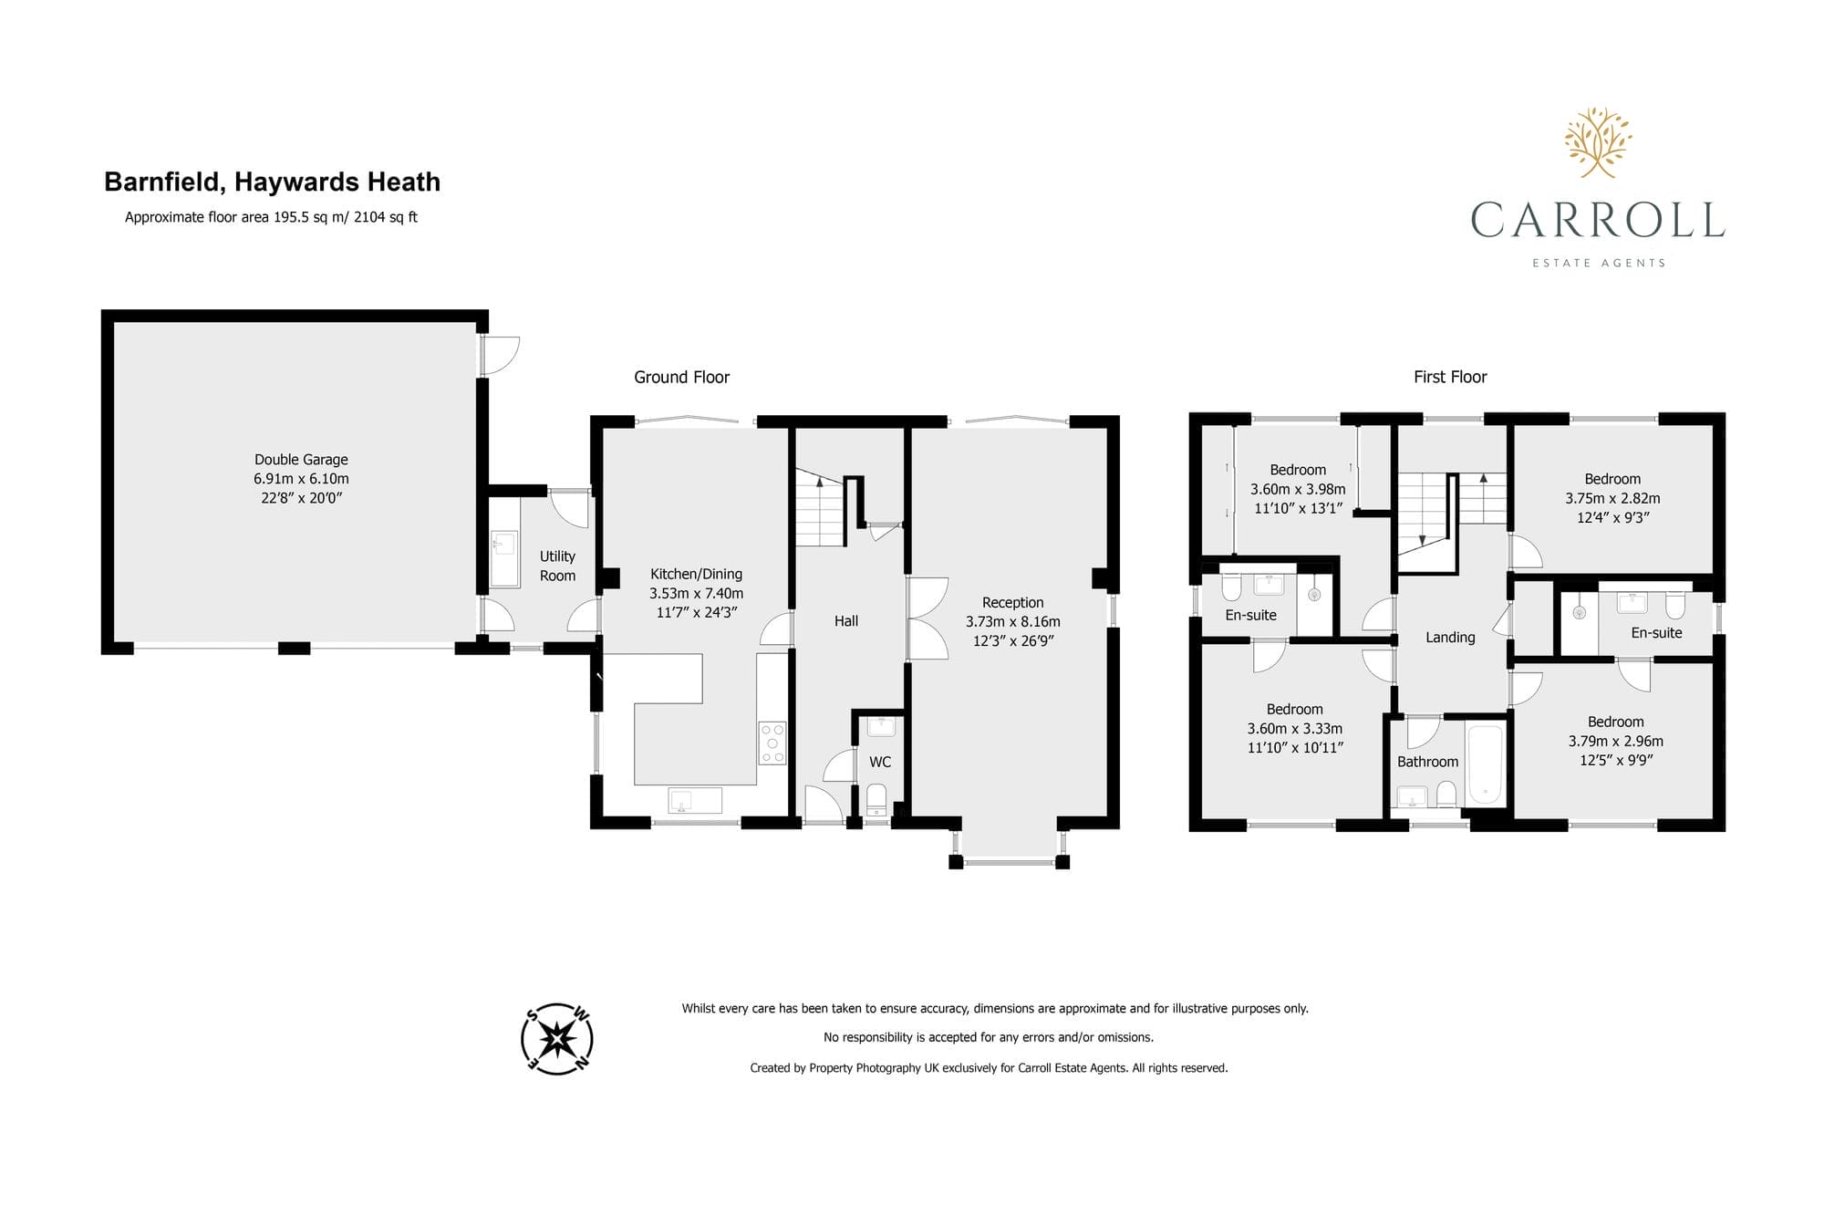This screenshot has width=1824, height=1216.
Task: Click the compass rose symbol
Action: pyautogui.click(x=557, y=1038)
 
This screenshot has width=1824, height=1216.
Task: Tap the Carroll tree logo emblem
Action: pyautogui.click(x=1598, y=142)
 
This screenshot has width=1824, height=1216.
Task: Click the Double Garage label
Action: pyautogui.click(x=301, y=460)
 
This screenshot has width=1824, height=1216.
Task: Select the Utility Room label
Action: pyautogui.click(x=557, y=566)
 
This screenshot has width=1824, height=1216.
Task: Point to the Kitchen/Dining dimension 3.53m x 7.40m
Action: pyautogui.click(x=696, y=593)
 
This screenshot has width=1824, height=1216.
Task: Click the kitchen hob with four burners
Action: pyautogui.click(x=772, y=743)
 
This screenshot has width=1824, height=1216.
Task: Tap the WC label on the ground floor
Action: pyautogui.click(x=880, y=762)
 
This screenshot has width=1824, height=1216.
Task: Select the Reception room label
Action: pyautogui.click(x=1012, y=602)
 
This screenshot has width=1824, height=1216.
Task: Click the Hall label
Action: pyautogui.click(x=846, y=620)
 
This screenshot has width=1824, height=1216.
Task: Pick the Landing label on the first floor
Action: pyautogui.click(x=1450, y=638)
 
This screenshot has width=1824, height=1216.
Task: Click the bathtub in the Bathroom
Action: pyautogui.click(x=1486, y=764)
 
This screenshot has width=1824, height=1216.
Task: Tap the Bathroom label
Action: pyautogui.click(x=1427, y=762)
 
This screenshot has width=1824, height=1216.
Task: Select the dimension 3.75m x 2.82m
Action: pyautogui.click(x=1612, y=498)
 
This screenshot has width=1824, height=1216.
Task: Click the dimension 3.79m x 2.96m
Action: pyautogui.click(x=1615, y=741)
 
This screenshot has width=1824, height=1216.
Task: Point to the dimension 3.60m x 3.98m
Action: pyautogui.click(x=1298, y=489)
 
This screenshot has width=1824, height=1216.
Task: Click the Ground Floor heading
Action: pyautogui.click(x=681, y=377)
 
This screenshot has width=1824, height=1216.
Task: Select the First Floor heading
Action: pyautogui.click(x=1450, y=377)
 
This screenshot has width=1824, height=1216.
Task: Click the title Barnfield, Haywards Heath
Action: pyautogui.click(x=272, y=182)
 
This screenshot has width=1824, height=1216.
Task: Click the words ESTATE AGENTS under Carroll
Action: pyautogui.click(x=1599, y=263)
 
